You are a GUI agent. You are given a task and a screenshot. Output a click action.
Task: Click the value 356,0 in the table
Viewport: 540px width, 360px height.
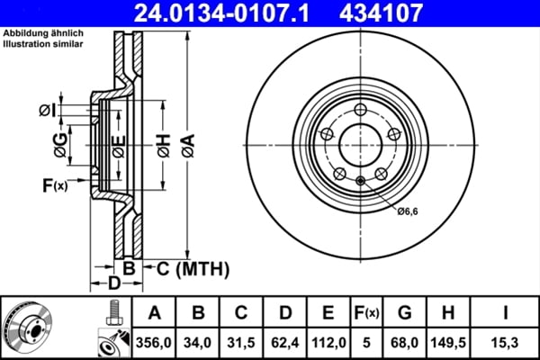155,341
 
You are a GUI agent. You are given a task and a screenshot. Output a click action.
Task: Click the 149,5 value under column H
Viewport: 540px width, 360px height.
449,341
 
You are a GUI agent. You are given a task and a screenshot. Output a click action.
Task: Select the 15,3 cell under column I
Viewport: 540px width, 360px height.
507,341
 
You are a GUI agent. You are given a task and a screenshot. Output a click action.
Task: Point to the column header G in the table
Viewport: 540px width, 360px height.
405,312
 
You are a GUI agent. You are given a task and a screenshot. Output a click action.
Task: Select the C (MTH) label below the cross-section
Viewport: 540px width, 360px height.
193,268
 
